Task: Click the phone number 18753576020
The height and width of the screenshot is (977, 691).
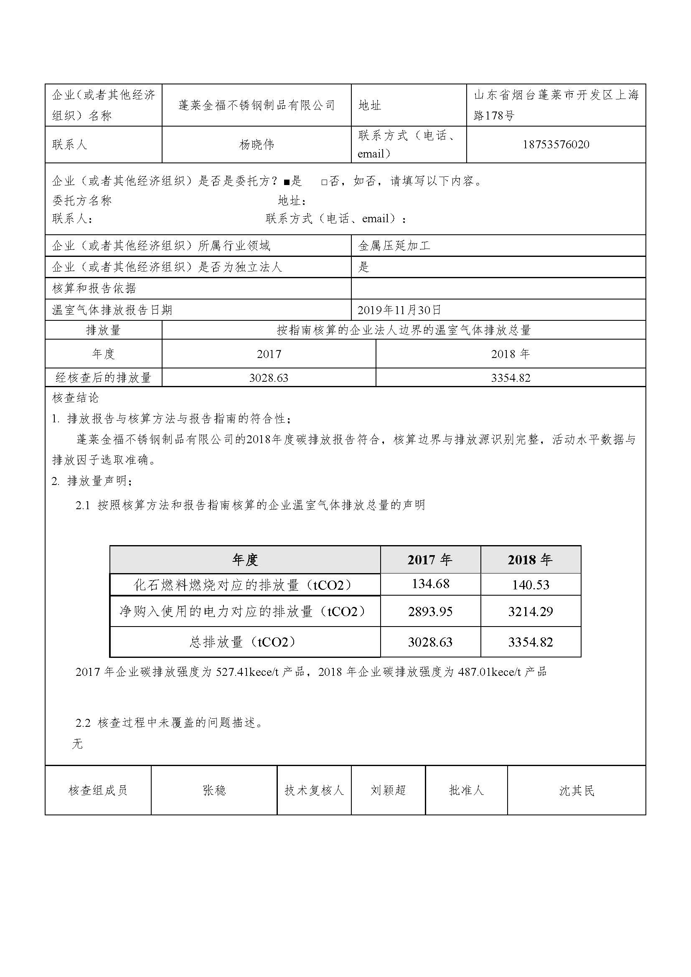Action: (x=556, y=145)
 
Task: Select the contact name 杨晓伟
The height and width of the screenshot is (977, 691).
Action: (x=257, y=145)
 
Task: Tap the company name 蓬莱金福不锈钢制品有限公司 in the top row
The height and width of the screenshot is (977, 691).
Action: (x=257, y=105)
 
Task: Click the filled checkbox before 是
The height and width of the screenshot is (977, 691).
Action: (x=286, y=182)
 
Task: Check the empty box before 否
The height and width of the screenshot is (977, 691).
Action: (x=324, y=182)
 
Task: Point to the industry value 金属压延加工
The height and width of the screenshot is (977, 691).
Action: (x=394, y=246)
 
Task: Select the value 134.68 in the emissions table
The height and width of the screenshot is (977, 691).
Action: (x=430, y=584)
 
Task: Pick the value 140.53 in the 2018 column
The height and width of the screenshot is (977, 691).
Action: (x=531, y=585)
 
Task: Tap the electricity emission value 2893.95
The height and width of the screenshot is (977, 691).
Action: (x=430, y=612)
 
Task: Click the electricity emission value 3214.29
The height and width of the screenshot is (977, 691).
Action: (x=531, y=612)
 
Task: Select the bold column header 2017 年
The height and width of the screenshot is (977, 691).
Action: (x=430, y=560)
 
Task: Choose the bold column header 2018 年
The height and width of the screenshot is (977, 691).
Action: (x=530, y=560)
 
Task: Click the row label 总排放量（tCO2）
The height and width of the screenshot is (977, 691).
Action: (x=245, y=642)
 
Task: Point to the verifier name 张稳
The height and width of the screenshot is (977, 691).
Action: (x=214, y=791)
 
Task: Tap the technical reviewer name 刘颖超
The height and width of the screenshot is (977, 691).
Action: (x=388, y=791)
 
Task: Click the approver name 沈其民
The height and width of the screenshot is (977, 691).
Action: (x=577, y=791)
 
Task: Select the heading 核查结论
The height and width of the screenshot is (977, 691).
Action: (x=75, y=398)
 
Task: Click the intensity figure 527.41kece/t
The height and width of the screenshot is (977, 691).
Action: (x=247, y=672)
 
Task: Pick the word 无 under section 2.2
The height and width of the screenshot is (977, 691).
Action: (x=77, y=744)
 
